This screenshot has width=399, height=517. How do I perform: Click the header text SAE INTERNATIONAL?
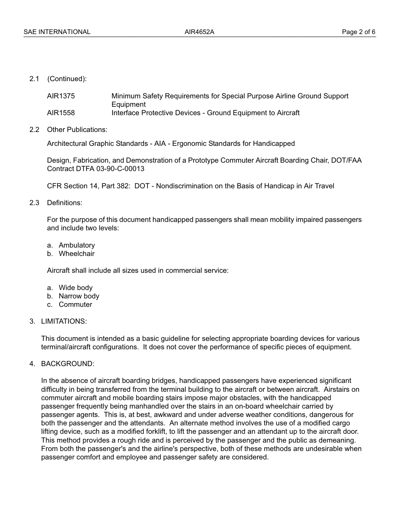point(57,32)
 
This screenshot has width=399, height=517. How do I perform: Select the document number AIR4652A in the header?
point(199,32)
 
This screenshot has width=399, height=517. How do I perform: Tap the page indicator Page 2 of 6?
point(358,32)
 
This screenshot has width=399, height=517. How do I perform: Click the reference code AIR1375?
point(61,96)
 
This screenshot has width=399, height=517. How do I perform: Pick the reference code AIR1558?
point(61,113)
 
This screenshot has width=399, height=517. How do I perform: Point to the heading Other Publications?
point(77,129)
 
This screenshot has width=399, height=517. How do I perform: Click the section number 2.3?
point(34,203)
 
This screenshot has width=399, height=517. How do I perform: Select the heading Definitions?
point(65,203)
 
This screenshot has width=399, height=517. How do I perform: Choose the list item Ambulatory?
point(77,245)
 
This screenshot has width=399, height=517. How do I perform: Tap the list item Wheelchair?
point(76,253)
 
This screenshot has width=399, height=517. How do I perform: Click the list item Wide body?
point(76,288)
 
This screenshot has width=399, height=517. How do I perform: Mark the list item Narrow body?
point(79,296)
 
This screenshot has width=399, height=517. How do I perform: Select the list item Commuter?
point(75,304)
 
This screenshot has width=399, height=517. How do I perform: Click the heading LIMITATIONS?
point(64,321)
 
